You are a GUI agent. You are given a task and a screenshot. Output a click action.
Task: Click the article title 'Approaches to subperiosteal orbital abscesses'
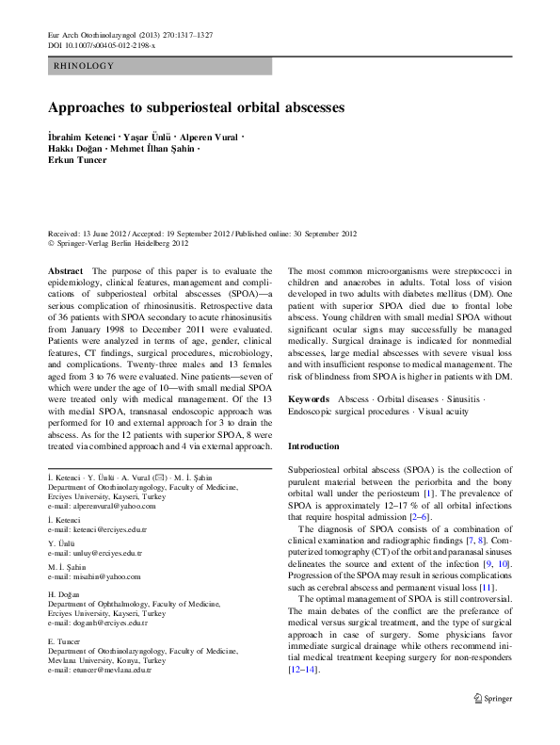(196, 107)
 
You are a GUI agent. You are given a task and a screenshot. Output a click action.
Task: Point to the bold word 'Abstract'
(65, 270)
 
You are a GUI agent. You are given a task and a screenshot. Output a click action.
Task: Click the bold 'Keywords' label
(309, 399)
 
